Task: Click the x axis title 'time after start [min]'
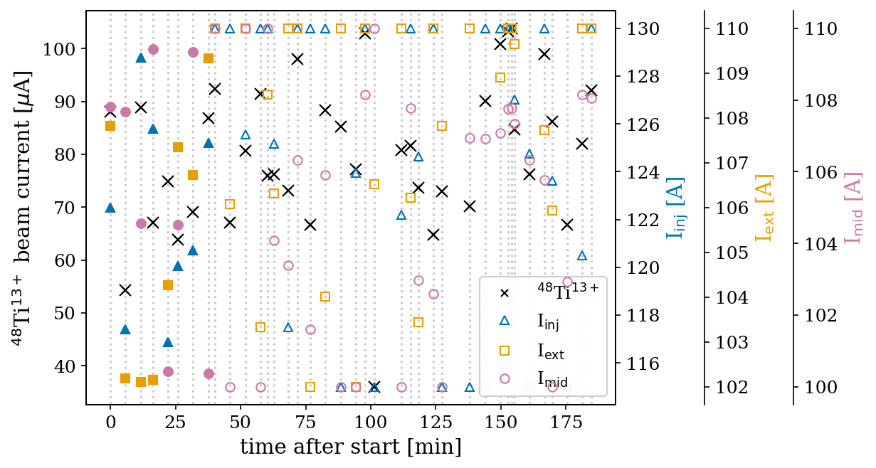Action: pyautogui.click(x=351, y=447)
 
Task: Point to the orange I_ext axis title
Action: pyautogui.click(x=764, y=208)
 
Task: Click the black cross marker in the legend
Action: pyautogui.click(x=505, y=292)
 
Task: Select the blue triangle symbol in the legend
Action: pyautogui.click(x=505, y=321)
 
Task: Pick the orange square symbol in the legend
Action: pyautogui.click(x=505, y=350)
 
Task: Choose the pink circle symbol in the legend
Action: pyautogui.click(x=505, y=378)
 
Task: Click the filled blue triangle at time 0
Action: pyautogui.click(x=110, y=208)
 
